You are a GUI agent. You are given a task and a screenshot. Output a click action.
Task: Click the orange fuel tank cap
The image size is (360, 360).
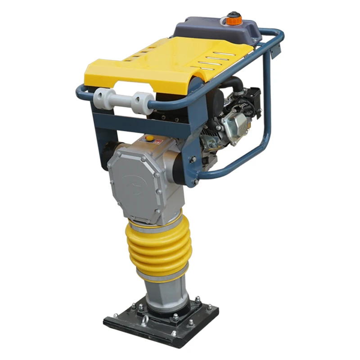coord(234,19)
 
